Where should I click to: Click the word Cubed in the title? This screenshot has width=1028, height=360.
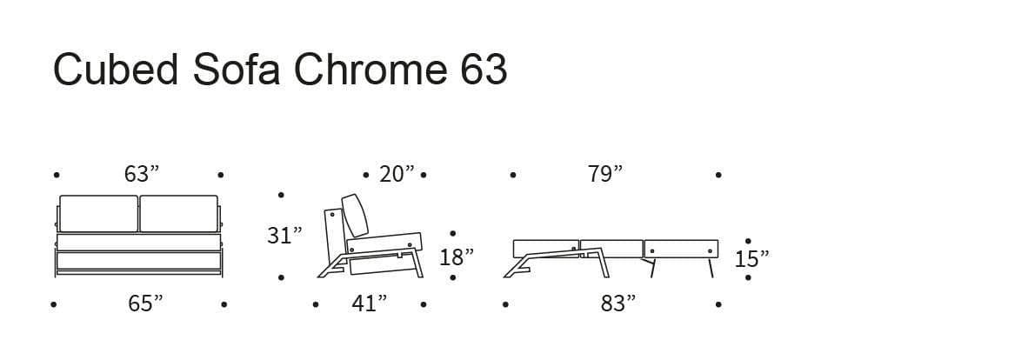116,69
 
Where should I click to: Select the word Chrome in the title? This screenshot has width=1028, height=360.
369,69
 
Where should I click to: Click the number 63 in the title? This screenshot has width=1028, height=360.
484,69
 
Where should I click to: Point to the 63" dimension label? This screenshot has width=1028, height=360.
142,175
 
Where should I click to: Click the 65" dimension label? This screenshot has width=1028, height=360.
145,303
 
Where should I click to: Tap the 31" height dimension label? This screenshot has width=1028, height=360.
284,236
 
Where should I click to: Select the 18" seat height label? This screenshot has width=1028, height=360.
457,257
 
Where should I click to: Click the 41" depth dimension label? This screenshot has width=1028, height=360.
369,303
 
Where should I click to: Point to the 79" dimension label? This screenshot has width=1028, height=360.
604,175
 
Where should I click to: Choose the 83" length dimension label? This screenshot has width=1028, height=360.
618,303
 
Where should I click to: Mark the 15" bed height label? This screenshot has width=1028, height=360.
751,260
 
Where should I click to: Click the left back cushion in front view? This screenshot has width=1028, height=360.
99,213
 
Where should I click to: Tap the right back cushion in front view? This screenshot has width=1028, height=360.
179,213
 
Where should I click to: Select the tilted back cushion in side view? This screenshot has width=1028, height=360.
356,215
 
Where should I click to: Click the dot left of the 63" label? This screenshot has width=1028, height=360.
57,175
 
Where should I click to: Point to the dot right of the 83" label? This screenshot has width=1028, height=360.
718,304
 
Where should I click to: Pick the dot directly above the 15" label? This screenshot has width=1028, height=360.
748,242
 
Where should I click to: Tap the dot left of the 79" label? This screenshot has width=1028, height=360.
512,175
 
